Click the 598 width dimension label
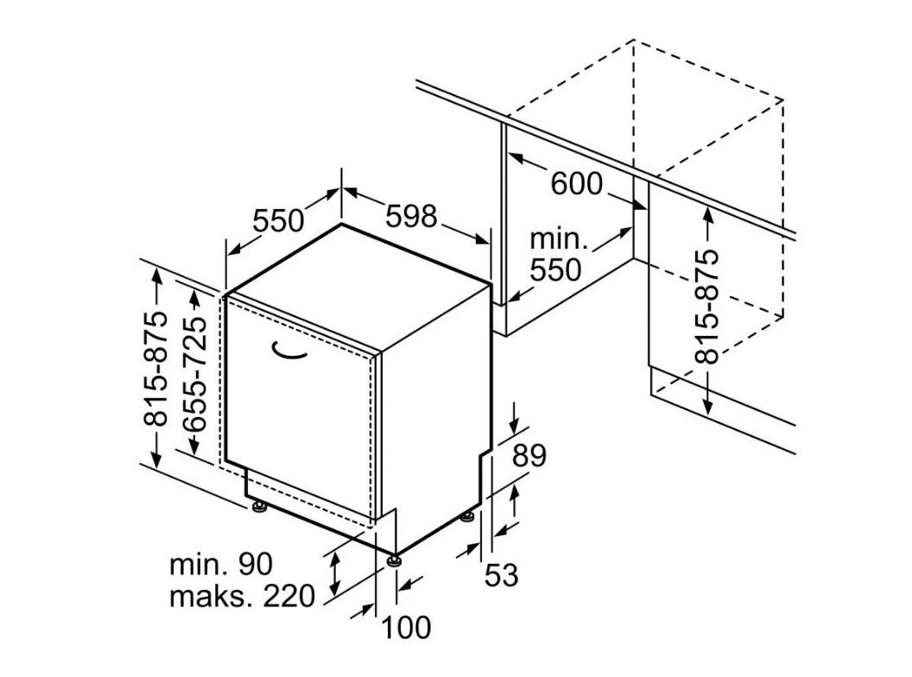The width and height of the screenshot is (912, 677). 410,216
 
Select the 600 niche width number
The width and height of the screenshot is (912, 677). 576,183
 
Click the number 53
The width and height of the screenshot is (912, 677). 499,574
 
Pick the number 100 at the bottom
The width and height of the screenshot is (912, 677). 406,628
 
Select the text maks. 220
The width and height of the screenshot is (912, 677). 241,597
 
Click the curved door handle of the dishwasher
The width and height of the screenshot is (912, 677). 291,350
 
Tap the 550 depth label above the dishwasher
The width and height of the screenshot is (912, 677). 278,221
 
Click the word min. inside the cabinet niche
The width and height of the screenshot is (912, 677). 558,239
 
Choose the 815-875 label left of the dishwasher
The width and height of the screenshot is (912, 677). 156,369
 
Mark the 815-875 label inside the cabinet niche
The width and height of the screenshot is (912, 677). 708,307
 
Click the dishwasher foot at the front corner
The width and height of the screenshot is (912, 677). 396,560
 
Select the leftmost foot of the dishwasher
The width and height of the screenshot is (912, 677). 259,505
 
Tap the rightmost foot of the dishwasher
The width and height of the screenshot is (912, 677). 467,516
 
